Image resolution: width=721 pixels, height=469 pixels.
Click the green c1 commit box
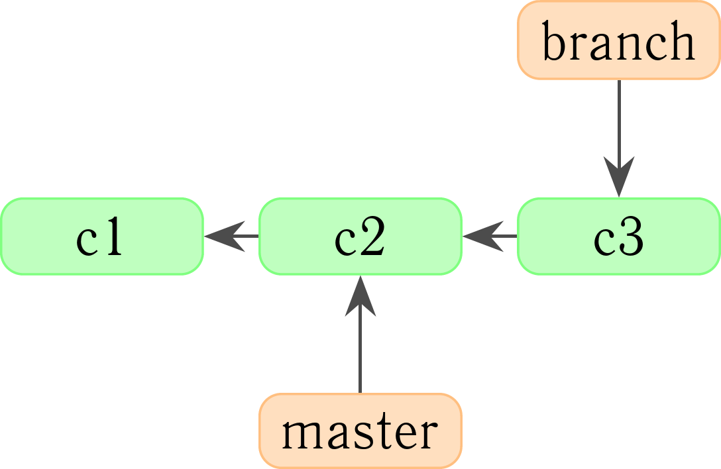[x=101, y=236]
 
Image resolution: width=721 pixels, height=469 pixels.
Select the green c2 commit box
[x=360, y=236]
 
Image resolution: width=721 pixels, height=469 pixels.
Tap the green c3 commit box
[x=619, y=236]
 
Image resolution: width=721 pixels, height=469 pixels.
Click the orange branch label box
[x=619, y=40]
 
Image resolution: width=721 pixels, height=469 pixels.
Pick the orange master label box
[x=360, y=431]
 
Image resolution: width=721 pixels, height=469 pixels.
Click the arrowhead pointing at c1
[x=225, y=236]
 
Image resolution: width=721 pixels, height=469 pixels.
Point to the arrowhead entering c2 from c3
[x=483, y=236]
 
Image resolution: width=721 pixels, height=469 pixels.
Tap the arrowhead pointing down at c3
[x=619, y=177]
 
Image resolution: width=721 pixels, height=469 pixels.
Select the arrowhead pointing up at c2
[x=360, y=296]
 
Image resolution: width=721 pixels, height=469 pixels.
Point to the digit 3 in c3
[x=632, y=236]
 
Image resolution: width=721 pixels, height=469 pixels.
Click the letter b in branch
[x=553, y=40]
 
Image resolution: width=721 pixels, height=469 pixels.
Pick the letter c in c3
[x=604, y=241]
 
